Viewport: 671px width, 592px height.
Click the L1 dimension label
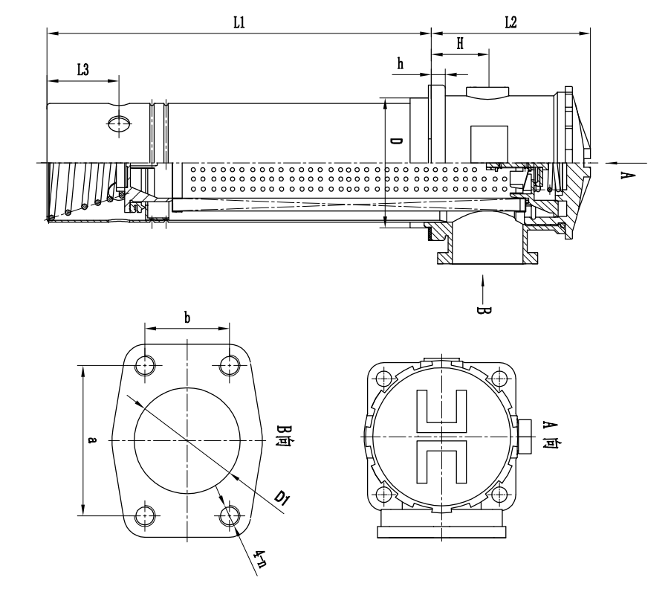[239, 23]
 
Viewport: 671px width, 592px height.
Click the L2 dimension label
[510, 23]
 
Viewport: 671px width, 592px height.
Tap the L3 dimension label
[83, 70]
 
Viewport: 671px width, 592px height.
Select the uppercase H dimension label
[461, 44]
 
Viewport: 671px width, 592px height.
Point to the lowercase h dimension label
[401, 64]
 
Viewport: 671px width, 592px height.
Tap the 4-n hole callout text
[259, 558]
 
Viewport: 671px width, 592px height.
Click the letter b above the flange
[187, 318]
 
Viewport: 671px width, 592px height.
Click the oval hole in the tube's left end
[119, 123]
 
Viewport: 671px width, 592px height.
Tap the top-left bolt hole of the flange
[146, 364]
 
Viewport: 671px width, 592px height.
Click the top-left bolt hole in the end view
[383, 377]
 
